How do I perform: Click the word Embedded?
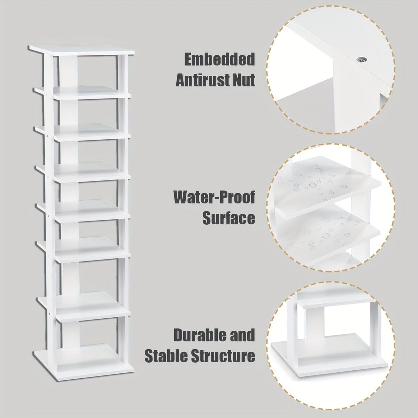(220, 60)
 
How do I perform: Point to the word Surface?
(229, 218)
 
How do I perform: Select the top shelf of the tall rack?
(82, 51)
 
